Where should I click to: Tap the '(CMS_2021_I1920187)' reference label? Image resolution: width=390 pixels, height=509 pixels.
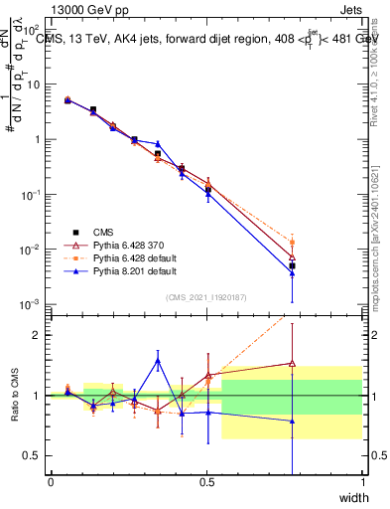206,296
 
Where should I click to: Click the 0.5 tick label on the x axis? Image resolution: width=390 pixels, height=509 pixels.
206,482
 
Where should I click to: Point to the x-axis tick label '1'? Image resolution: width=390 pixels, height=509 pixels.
362,482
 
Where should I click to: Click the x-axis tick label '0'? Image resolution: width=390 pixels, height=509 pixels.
51,482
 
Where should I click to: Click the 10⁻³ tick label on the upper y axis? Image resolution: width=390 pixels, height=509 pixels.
32,303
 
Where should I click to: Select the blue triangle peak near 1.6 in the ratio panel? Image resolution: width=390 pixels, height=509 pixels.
157,361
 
